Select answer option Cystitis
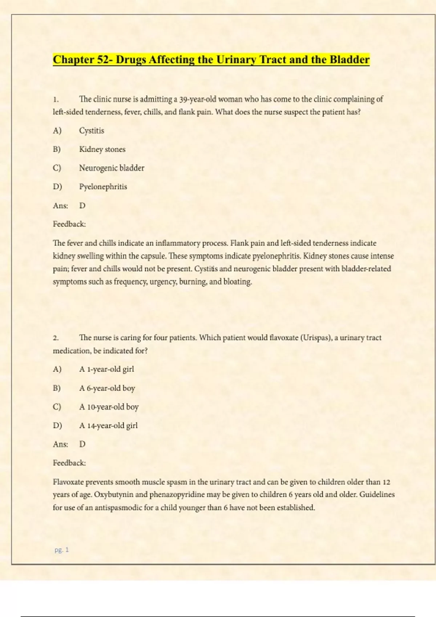[x=92, y=131]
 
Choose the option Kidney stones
[x=102, y=149]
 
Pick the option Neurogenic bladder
[x=112, y=168]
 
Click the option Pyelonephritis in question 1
[x=103, y=187]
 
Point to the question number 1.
[x=56, y=99]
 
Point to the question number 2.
[x=56, y=338]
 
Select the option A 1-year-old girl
[x=106, y=369]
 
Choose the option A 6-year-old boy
[x=107, y=388]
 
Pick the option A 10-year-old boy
[x=109, y=407]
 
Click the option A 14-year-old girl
[x=108, y=426]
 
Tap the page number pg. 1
[x=61, y=550]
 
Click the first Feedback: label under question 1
[x=69, y=224]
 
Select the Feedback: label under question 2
[x=69, y=463]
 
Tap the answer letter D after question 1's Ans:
[x=82, y=206]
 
